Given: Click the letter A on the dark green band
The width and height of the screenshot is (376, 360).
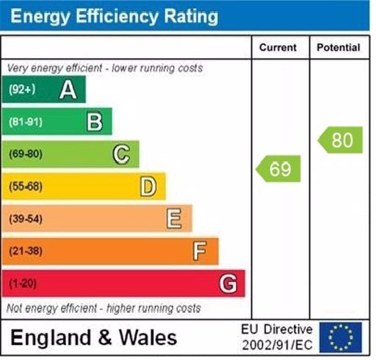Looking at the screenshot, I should [x=68, y=89].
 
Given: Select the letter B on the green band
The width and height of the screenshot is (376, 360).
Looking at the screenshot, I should [x=94, y=122].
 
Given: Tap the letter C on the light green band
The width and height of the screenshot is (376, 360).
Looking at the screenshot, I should [x=121, y=154].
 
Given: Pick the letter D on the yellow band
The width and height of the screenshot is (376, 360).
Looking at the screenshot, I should [x=148, y=187].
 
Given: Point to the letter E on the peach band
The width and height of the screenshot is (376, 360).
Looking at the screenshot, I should [x=174, y=219].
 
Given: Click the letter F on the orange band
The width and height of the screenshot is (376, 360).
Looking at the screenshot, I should [x=200, y=251].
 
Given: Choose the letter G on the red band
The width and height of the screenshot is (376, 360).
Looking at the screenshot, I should [x=228, y=284].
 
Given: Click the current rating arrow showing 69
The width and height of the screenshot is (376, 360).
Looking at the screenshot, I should [x=279, y=168].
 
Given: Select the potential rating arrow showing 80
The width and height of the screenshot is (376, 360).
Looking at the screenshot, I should [x=341, y=140].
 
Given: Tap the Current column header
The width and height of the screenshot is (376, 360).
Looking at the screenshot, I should [x=278, y=48].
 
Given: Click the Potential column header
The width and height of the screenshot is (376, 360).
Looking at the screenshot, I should [x=338, y=48].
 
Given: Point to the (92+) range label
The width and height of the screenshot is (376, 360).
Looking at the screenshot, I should [x=22, y=89].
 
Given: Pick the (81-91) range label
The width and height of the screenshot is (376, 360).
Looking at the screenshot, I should [x=25, y=122].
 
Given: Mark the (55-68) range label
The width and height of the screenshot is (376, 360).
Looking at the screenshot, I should [x=25, y=187].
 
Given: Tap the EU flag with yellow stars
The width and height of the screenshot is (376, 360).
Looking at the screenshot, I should [x=341, y=337].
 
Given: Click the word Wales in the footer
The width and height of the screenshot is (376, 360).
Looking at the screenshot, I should [x=148, y=337].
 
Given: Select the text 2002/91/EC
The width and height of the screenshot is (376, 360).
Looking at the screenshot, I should [x=277, y=345].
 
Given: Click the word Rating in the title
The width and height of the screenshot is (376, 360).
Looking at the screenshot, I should [x=191, y=16].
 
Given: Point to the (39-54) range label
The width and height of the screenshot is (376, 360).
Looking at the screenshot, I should [x=25, y=219].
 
